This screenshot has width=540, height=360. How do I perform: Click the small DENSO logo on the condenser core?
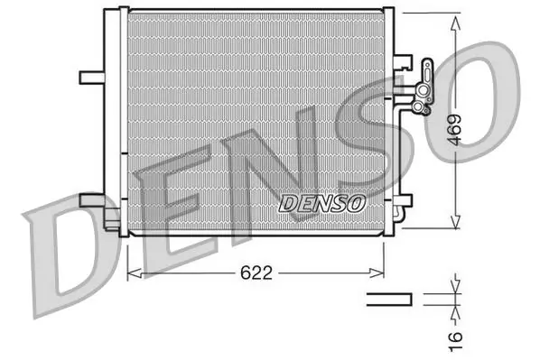point(322,203)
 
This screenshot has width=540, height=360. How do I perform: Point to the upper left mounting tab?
point(92,76)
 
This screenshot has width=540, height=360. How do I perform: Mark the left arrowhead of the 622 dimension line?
point(133,270)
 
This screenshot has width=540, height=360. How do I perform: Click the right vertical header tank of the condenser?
point(396,122)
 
